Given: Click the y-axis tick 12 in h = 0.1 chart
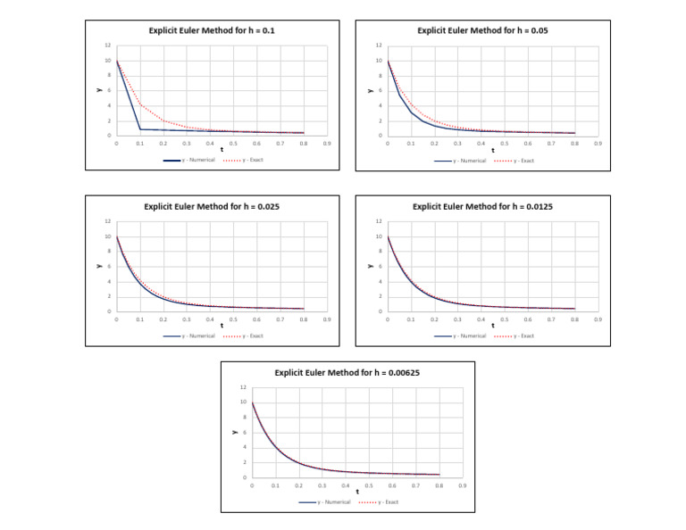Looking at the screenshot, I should (x=108, y=46).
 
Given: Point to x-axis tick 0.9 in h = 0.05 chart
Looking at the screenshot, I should (x=598, y=143).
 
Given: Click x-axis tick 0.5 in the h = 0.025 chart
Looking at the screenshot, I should (x=233, y=319).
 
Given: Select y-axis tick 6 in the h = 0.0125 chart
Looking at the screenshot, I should (x=379, y=267).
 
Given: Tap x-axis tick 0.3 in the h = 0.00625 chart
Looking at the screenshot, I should (x=322, y=484).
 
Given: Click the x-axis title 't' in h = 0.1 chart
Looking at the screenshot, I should (x=222, y=149).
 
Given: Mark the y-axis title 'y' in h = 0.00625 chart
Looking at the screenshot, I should (x=235, y=433).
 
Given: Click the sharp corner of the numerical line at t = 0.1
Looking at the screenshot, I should (x=140, y=129).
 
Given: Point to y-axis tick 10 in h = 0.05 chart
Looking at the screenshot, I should (x=379, y=61).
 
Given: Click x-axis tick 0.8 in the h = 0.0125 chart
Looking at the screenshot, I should (x=574, y=319).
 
